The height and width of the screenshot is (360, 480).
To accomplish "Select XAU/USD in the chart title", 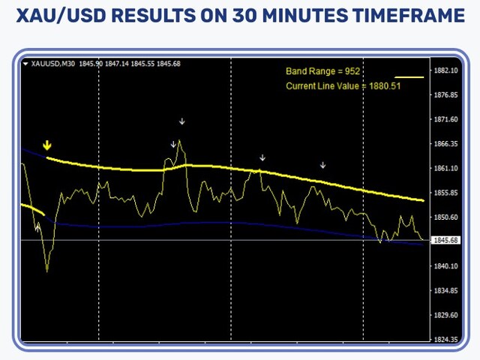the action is click(x=61, y=15).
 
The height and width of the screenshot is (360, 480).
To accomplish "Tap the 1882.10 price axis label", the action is click(x=446, y=70).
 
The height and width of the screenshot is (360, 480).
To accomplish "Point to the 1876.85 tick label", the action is click(x=446, y=95).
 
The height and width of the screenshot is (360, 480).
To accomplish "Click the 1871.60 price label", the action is click(x=446, y=119).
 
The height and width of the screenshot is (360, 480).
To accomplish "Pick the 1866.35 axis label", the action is click(x=446, y=144).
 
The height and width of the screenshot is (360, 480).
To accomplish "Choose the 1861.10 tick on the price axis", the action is click(x=446, y=168).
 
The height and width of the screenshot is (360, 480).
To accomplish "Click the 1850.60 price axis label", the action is click(x=446, y=217).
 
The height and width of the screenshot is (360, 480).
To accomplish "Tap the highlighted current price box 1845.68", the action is click(x=446, y=240).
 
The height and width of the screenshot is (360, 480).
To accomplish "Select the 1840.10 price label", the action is click(x=446, y=266).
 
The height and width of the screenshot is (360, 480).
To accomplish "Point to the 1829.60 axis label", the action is click(x=446, y=315).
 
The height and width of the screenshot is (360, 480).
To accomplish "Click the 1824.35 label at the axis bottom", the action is click(x=446, y=339).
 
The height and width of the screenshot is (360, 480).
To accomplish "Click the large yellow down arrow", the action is click(x=46, y=145).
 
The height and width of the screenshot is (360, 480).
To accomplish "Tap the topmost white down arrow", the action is click(x=182, y=121).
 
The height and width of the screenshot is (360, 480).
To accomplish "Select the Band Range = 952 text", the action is click(x=322, y=71).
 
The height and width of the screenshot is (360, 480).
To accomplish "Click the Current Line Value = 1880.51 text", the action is click(x=343, y=86).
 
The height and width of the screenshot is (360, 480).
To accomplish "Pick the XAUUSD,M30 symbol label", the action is click(x=53, y=64).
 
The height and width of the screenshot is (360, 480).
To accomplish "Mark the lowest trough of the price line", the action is click(x=46, y=271).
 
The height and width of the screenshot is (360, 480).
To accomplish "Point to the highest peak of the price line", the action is click(x=180, y=140).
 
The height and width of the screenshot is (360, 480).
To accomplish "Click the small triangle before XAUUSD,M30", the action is click(x=25, y=64).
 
